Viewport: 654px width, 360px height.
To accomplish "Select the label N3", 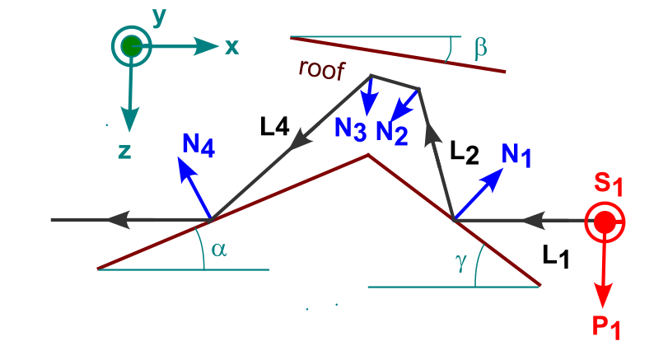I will tap(351, 129).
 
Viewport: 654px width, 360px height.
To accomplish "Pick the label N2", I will tap(391, 132).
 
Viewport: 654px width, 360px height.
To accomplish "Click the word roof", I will tap(319, 69).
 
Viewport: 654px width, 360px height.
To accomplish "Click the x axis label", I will tap(231, 47).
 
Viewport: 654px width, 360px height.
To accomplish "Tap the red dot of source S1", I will tap(605, 221).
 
